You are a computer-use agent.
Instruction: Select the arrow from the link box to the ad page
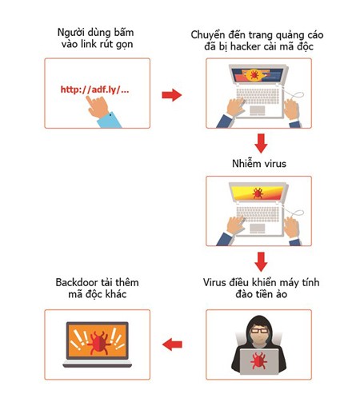click(x=171, y=96)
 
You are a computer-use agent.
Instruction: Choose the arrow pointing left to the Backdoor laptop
click(x=171, y=344)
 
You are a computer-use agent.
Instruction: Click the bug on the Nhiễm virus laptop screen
click(x=258, y=193)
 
